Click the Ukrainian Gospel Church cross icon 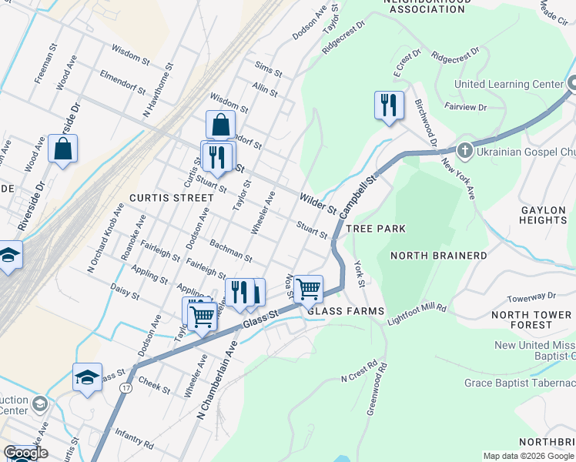464,150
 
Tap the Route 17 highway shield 125,388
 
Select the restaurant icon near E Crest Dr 389,105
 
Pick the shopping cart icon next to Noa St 308,289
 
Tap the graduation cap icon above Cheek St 87,377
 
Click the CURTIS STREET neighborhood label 171,198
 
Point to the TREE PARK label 376,229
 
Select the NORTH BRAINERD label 438,256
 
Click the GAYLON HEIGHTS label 544,215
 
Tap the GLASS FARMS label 346,311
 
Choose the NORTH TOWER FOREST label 531,320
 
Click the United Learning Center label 508,84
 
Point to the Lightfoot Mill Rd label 417,312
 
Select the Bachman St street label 231,249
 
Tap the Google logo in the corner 25,454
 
